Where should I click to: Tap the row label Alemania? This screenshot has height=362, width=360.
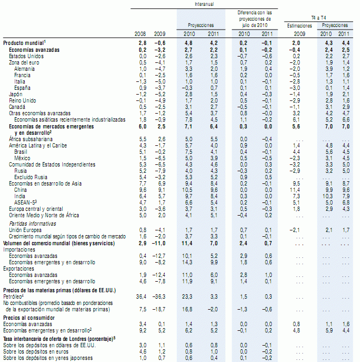[x=25, y=69]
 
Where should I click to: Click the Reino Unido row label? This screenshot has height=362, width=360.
[x=21, y=100]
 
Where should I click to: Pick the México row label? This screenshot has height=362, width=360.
[x=23, y=158]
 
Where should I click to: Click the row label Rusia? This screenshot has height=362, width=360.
[x=21, y=171]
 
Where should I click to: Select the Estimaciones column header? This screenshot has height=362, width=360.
[x=299, y=25]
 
